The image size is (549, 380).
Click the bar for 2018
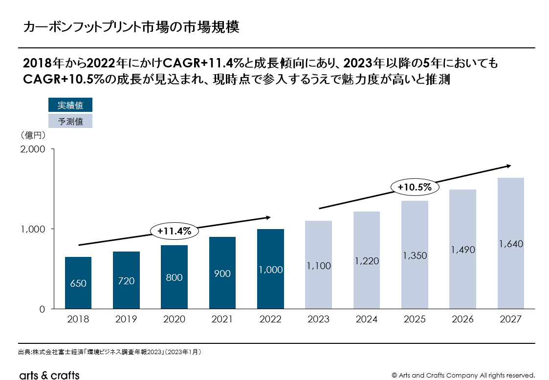pyautogui.click(x=78, y=283)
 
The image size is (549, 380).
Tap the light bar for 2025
pyautogui.click(x=415, y=254)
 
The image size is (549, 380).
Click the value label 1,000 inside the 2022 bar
pyautogui.click(x=270, y=270)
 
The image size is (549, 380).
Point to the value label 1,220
pyautogui.click(x=367, y=261)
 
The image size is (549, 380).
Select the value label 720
pyautogui.click(x=126, y=281)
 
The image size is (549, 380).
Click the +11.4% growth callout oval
pyautogui.click(x=174, y=232)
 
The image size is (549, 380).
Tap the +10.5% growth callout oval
pyautogui.click(x=415, y=187)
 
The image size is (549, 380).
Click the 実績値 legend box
pyautogui.click(x=70, y=105)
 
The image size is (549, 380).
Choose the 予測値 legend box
pyautogui.click(x=70, y=121)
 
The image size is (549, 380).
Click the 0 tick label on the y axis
pyautogui.click(x=42, y=309)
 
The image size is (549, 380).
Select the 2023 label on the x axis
pyautogui.click(x=318, y=319)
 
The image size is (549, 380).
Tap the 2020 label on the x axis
pyautogui.click(x=174, y=319)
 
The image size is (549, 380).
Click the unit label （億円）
pyautogui.click(x=33, y=134)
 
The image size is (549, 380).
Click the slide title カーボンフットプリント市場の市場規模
pyautogui.click(x=131, y=27)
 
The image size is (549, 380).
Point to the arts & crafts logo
pyautogui.click(x=49, y=375)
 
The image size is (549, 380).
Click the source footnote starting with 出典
pyautogui.click(x=110, y=352)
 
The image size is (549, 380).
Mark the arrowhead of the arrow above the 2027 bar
pyautogui.click(x=509, y=166)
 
